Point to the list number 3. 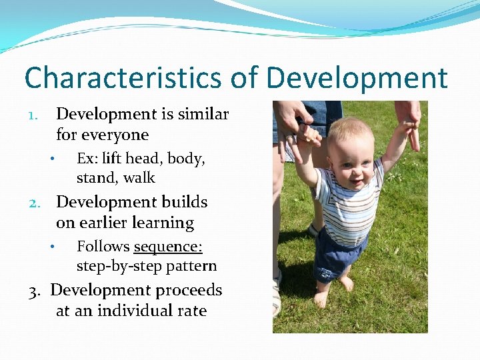click(x=35, y=291)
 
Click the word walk click(x=139, y=178)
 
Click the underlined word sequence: click(x=168, y=247)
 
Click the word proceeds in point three click(x=189, y=290)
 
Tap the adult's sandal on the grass click(x=277, y=293)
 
